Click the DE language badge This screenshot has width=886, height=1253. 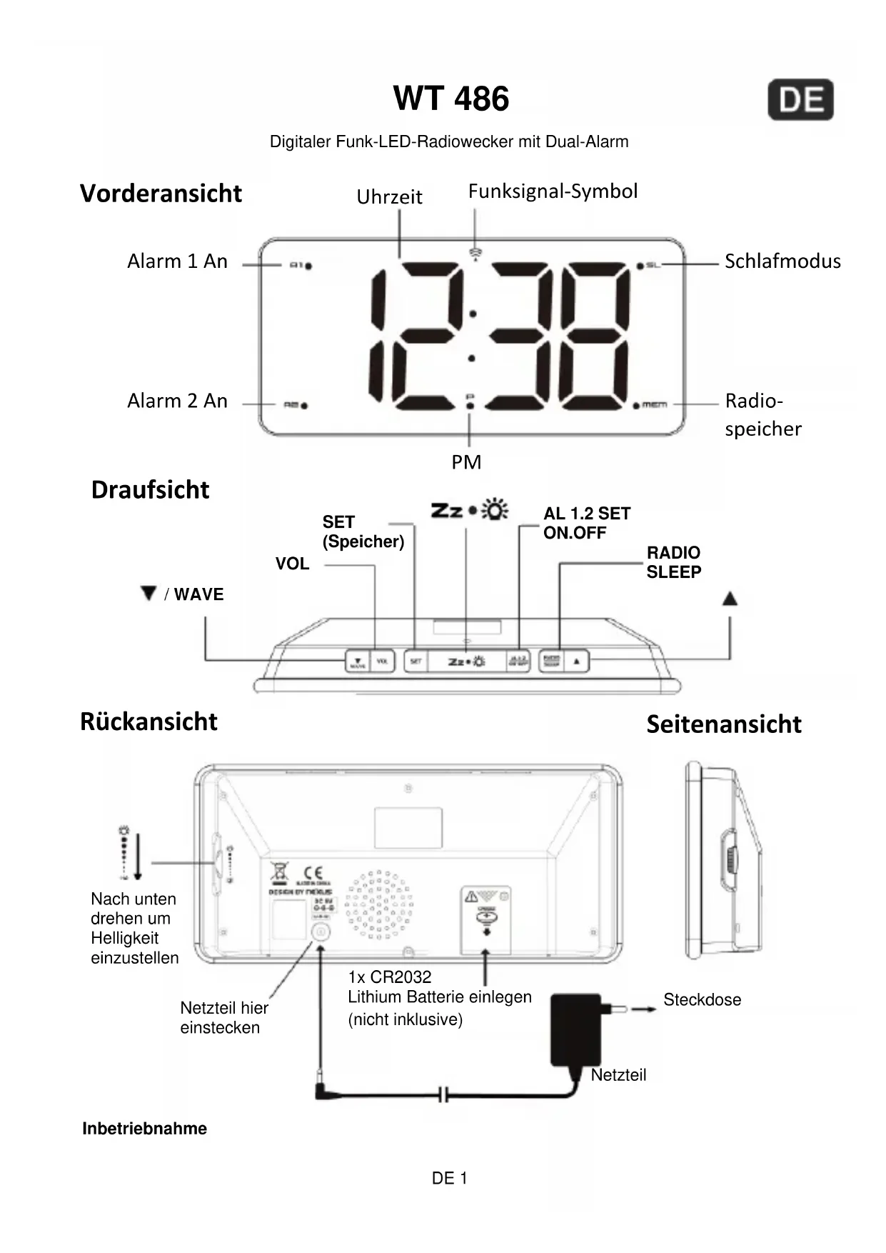800,100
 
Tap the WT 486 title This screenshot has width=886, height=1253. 450,99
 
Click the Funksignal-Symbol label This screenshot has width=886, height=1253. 553,191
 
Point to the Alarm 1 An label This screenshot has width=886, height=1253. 177,261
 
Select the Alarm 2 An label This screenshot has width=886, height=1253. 177,401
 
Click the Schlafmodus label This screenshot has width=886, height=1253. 782,261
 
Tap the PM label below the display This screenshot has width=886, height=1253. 466,462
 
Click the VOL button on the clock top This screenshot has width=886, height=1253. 382,662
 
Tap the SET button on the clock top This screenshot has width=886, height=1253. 416,662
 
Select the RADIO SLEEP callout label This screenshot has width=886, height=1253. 673,562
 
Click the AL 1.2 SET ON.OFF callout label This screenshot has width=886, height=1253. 586,523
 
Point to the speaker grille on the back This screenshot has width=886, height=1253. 379,904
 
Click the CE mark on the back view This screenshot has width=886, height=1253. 313,873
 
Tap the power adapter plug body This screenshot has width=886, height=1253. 575,1029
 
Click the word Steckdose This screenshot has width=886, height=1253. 702,999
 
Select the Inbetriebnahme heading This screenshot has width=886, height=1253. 144,1129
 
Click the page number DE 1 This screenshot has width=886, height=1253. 449,1179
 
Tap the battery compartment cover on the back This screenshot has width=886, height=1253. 485,919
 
